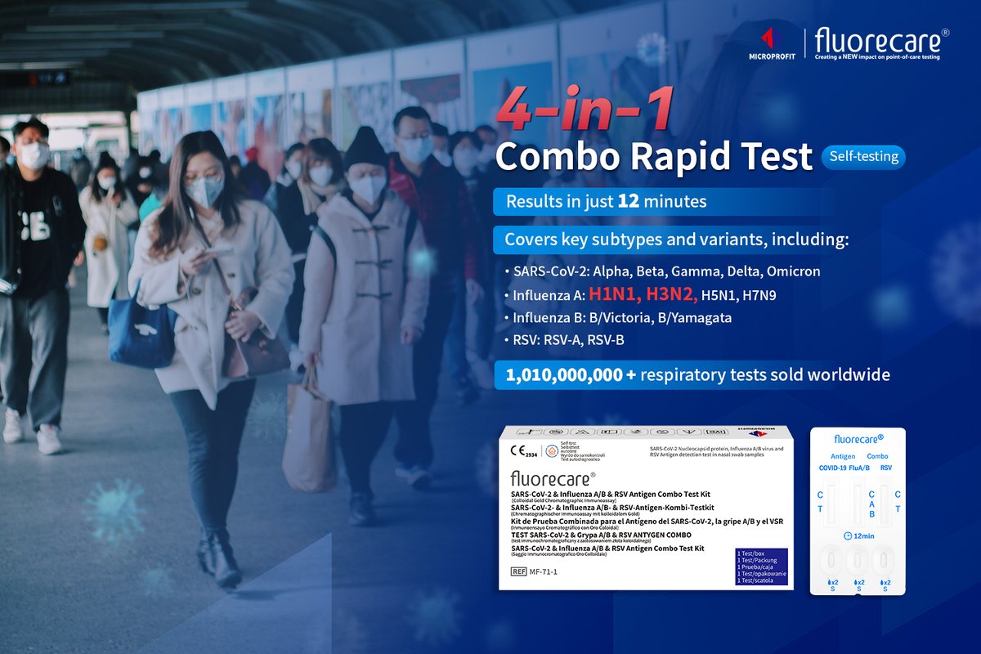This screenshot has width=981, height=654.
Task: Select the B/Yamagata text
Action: [x=701, y=318]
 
